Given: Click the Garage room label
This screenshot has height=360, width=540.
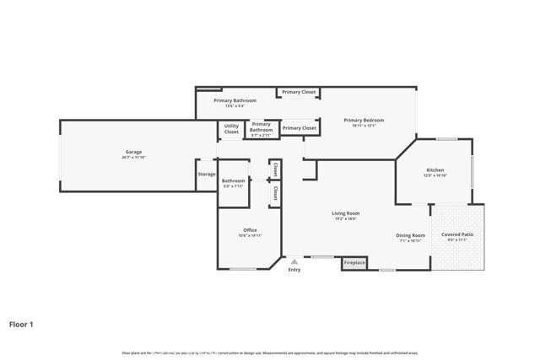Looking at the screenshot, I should [x=133, y=152].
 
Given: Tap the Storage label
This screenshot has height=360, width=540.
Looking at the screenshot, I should [x=207, y=175].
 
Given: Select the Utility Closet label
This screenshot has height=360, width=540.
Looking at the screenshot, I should [x=231, y=130].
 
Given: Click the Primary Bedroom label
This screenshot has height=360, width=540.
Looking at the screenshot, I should [x=364, y=121].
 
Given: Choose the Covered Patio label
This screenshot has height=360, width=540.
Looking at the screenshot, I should [x=456, y=234].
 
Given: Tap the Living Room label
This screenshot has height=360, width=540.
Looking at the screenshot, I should [x=346, y=213].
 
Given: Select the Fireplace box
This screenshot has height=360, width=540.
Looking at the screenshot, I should [x=354, y=263].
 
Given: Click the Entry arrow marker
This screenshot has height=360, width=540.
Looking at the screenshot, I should [x=294, y=262].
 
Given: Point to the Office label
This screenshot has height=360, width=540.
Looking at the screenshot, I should [x=250, y=230].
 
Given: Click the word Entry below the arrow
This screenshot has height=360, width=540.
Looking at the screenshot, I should [x=294, y=270].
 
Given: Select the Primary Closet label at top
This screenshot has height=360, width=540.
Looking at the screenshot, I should [x=299, y=92].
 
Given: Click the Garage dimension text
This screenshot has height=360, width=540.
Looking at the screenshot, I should [x=133, y=158].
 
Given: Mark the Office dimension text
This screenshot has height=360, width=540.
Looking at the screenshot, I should [x=250, y=236].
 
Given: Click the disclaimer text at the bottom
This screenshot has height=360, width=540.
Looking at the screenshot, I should [x=270, y=353].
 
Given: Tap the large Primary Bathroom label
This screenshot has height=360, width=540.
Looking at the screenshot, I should [x=235, y=100].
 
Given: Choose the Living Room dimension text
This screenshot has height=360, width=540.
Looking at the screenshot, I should [x=346, y=219].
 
